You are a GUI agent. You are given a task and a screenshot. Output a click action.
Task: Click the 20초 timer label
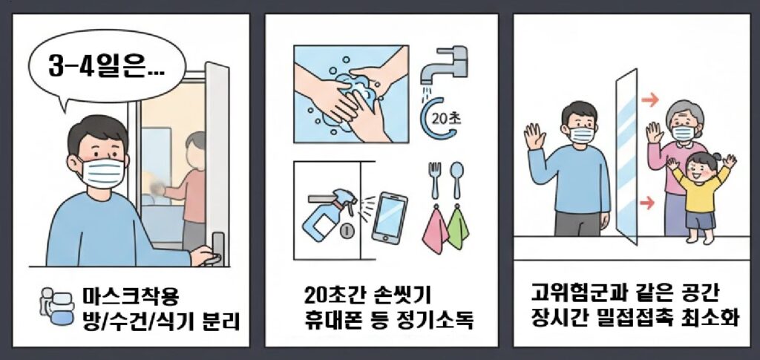click(447, 116)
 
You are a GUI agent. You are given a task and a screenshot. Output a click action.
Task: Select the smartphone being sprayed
click(389, 217)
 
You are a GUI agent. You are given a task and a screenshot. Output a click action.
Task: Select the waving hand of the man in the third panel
click(533, 138)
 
